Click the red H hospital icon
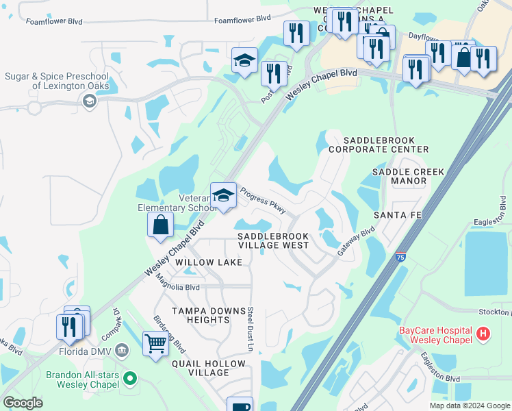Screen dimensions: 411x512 484,334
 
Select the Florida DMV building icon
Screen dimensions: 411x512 123,351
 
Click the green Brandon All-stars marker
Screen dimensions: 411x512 131,378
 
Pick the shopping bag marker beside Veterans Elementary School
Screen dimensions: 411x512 160,225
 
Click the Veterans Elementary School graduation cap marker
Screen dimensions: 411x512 224,195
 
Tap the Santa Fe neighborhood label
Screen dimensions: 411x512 396,215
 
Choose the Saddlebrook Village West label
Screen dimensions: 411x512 272,240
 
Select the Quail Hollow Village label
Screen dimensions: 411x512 209,368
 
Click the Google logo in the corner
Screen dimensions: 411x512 23,402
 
